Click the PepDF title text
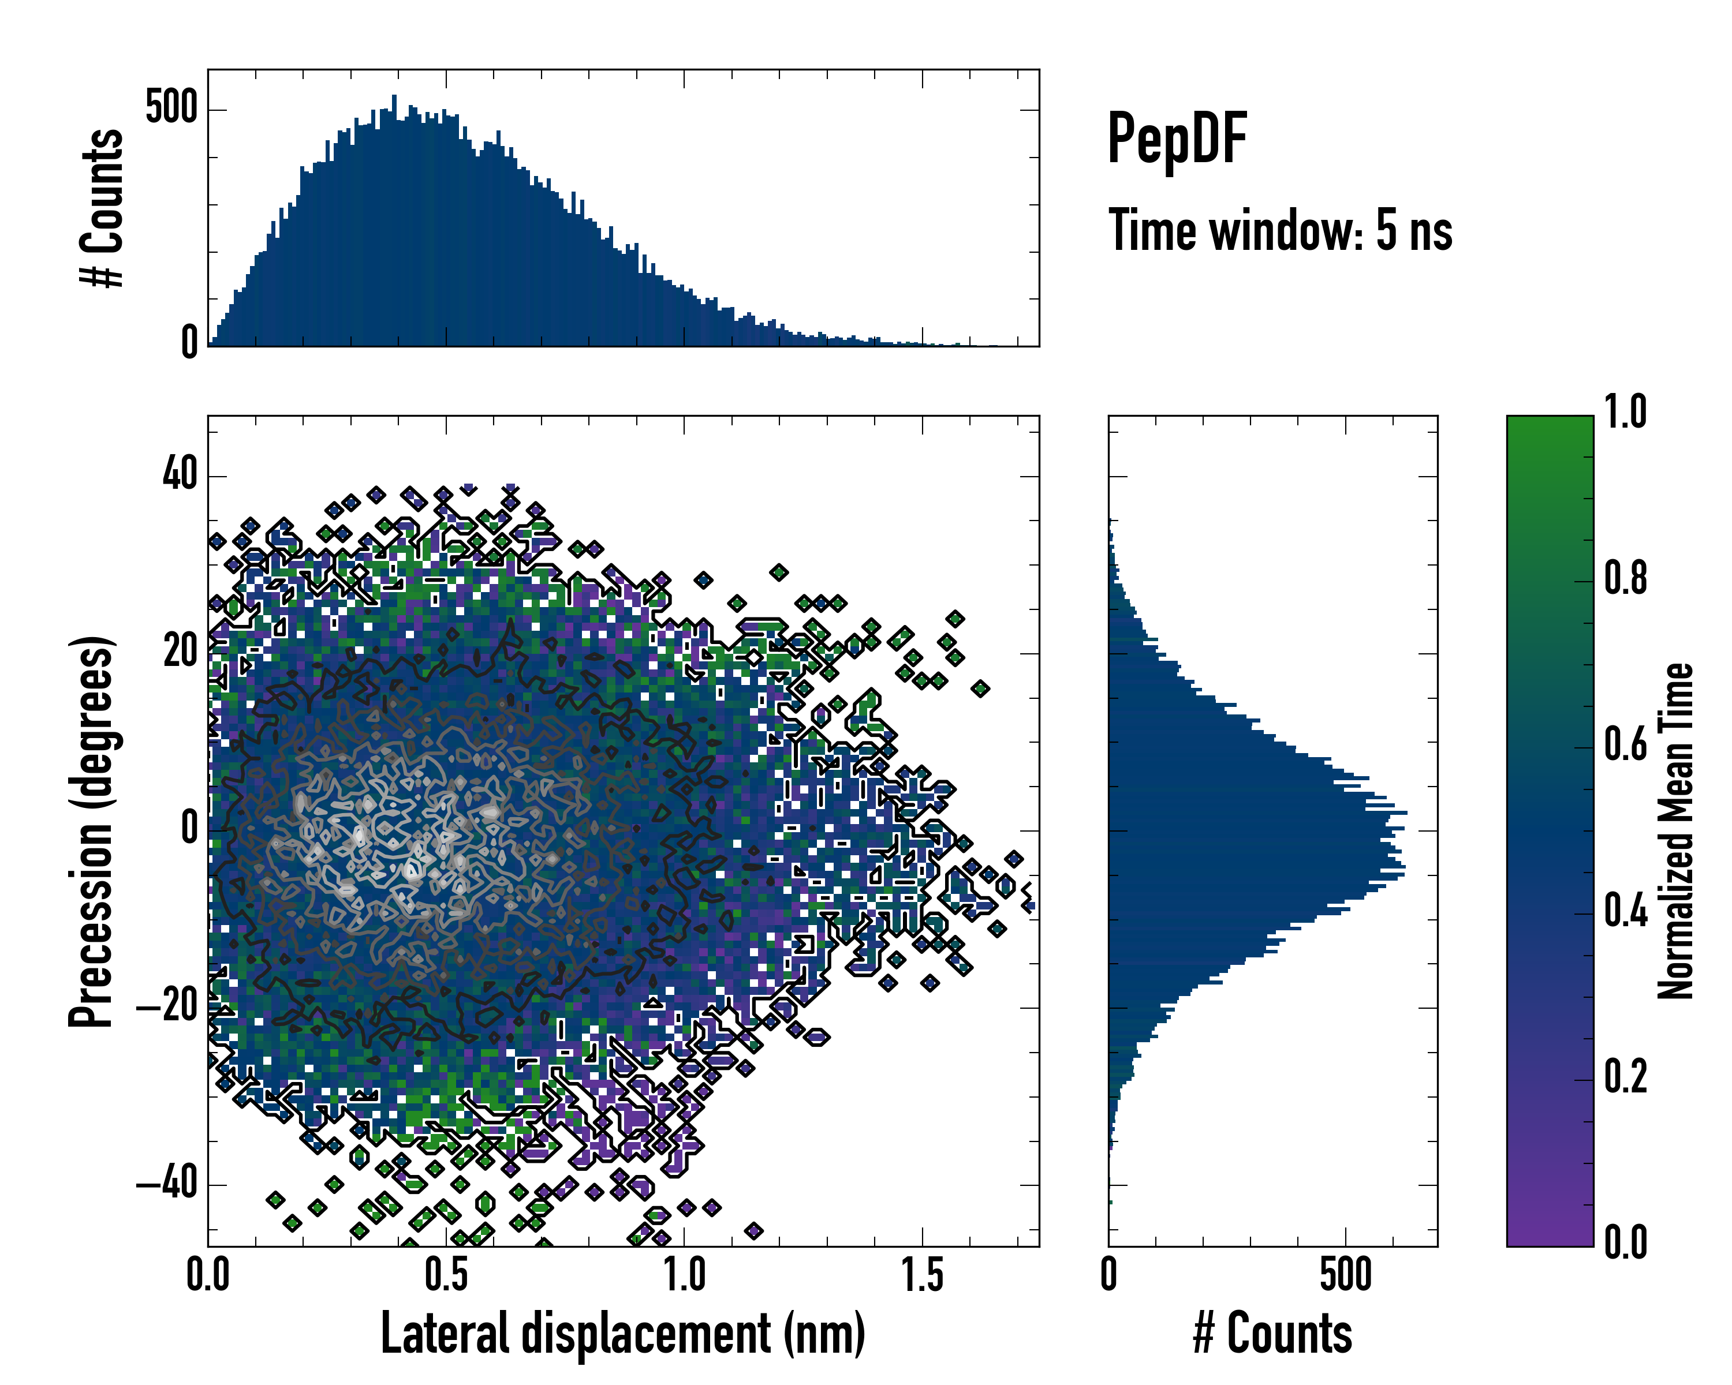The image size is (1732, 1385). (1177, 138)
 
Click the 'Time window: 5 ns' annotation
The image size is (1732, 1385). (1280, 230)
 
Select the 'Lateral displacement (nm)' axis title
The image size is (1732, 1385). (622, 1333)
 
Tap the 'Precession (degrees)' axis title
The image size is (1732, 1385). (91, 831)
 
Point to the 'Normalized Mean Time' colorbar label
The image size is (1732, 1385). (1675, 831)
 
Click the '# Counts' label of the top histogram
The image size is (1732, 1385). (102, 207)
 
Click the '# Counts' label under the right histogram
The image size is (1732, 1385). (1272, 1333)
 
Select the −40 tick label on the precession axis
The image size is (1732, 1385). (167, 1184)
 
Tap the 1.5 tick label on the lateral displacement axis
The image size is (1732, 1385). (922, 1274)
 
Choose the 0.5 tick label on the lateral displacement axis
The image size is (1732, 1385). (446, 1274)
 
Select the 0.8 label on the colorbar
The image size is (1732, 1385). (1625, 578)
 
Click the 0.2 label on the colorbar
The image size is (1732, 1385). (1625, 1076)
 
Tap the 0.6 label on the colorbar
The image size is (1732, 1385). (1625, 744)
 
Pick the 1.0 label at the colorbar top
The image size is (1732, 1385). (1625, 413)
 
